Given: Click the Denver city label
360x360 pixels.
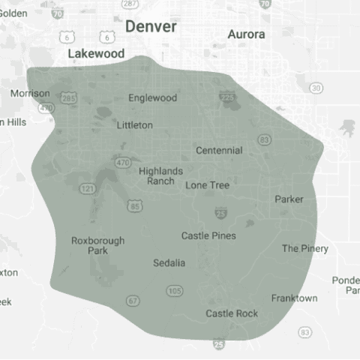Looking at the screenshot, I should click(x=151, y=27).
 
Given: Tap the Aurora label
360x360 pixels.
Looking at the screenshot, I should click(x=246, y=34).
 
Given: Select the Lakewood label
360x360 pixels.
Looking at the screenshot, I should click(x=95, y=54).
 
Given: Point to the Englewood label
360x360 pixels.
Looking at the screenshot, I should click(x=152, y=98).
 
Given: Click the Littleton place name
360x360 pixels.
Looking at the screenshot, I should click(x=135, y=125).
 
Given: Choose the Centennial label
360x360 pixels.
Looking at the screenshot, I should click(x=219, y=150).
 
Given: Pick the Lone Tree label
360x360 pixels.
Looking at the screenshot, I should click(x=208, y=184).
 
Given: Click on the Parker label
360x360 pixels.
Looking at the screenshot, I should click(x=289, y=199).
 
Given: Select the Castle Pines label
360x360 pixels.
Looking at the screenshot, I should click(x=208, y=235).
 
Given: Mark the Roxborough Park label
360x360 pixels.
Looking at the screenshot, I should click(x=97, y=245).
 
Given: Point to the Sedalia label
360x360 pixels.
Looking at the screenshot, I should click(x=169, y=263).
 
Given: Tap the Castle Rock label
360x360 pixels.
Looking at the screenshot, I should click(x=232, y=313).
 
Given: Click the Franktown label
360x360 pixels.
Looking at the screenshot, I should click(x=294, y=298).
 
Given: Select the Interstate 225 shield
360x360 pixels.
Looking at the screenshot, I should click(x=227, y=97).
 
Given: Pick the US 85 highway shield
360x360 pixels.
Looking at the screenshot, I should click(x=134, y=205).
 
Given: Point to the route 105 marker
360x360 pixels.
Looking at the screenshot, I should click(x=174, y=290).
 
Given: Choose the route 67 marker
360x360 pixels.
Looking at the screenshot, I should click(x=133, y=301).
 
